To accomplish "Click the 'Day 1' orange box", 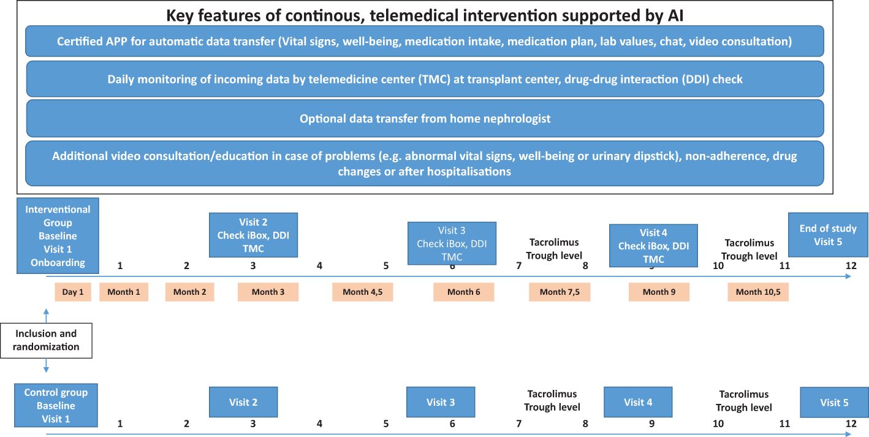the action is click(x=73, y=292).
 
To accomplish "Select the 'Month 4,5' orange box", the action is click(x=362, y=292).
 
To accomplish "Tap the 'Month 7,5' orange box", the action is click(x=560, y=292).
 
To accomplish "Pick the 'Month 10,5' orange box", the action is click(x=758, y=292).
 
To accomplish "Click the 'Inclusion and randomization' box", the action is click(x=46, y=340).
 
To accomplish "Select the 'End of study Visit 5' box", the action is click(x=828, y=235).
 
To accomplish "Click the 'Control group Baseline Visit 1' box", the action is click(x=56, y=405).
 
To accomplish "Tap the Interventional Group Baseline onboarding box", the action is click(x=58, y=235).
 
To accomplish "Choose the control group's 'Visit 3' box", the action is click(x=441, y=402).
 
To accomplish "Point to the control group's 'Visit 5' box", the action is click(x=834, y=402).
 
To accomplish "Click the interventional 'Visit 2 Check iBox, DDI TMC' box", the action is click(x=253, y=235).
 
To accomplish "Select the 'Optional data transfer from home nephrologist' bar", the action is click(x=425, y=118).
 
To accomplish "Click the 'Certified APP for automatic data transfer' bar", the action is click(x=425, y=41).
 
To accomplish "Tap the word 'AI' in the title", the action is click(x=675, y=15).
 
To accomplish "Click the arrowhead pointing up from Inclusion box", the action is click(x=46, y=311).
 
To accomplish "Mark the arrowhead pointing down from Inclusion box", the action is click(x=46, y=370).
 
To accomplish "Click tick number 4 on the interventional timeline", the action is click(x=319, y=266).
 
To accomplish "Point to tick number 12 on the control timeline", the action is click(x=851, y=424).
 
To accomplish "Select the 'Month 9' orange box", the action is click(x=659, y=292).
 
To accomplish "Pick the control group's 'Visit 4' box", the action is click(x=638, y=402).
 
